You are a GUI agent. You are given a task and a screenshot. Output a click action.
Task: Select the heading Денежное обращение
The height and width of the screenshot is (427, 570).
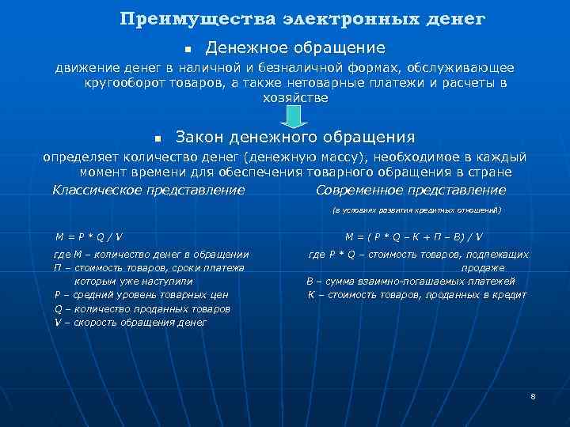click(295, 48)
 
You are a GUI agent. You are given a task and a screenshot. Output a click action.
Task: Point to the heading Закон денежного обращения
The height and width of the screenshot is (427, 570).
click(306, 137)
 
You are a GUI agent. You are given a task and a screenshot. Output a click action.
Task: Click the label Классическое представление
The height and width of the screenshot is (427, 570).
click(148, 190)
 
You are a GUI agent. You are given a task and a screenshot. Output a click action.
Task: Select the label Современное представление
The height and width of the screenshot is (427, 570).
click(410, 190)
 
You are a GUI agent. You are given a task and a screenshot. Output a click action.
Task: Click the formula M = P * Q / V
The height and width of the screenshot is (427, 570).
click(89, 236)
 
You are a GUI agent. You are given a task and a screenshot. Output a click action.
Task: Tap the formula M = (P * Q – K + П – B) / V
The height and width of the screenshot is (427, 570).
click(414, 236)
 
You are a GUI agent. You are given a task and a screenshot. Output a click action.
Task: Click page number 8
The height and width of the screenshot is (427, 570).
click(534, 395)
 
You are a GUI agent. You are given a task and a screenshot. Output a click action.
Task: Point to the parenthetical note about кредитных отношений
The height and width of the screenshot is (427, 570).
click(416, 211)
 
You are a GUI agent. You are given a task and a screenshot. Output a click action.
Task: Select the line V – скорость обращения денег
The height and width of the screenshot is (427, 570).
click(131, 323)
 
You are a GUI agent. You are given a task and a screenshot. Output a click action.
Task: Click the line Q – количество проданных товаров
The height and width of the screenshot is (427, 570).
click(142, 309)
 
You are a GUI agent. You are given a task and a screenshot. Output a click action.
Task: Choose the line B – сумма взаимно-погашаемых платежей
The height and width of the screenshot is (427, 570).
click(410, 281)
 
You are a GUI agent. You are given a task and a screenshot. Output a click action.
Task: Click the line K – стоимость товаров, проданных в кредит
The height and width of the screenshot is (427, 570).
click(416, 295)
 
